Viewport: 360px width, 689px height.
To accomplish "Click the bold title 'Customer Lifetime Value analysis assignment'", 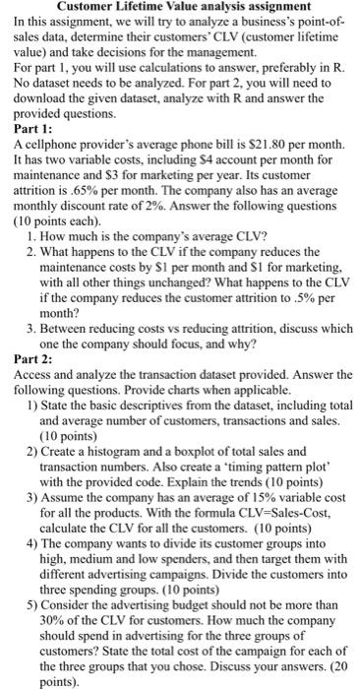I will [180, 9].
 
